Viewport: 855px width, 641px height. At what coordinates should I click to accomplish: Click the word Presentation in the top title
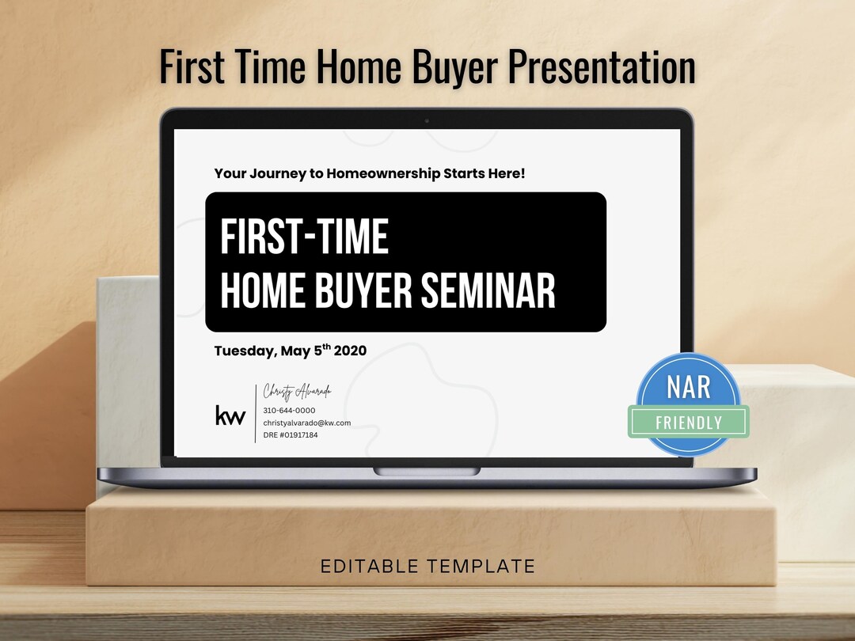pos(601,67)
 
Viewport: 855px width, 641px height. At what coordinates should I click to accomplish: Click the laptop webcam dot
pos(427,120)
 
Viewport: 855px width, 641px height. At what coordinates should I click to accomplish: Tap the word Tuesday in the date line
pos(242,351)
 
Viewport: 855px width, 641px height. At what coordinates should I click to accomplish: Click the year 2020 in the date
pos(350,351)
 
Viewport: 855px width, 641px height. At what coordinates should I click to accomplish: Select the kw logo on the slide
pos(230,415)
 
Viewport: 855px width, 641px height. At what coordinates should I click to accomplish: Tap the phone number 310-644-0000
pos(289,411)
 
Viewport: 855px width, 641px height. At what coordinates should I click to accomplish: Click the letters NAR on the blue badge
pos(688,387)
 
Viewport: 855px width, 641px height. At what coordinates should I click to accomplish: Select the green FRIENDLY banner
pos(688,423)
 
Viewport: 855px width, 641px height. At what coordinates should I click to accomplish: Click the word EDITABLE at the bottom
pos(369,566)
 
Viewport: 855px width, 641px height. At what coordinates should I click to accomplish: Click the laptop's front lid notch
pos(427,471)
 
